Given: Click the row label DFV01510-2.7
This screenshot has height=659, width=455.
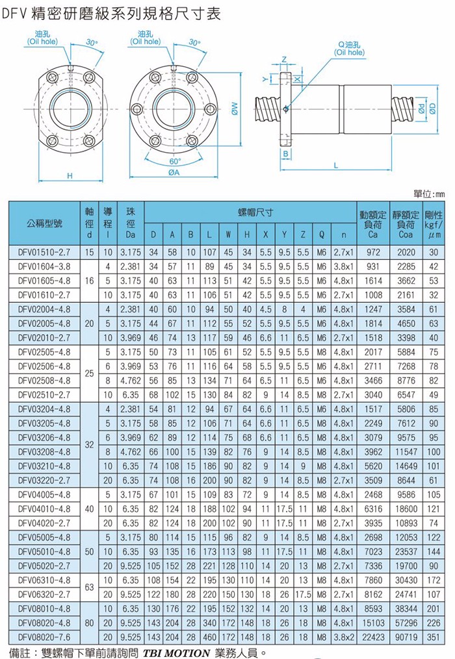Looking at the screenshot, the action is (x=44, y=252).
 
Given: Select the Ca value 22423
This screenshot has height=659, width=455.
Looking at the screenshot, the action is (x=373, y=637).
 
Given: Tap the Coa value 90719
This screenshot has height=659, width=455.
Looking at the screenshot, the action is (x=406, y=637).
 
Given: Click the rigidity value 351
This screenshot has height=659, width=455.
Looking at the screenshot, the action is (x=434, y=637).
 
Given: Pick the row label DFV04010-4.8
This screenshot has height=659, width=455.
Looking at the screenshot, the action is (x=44, y=509).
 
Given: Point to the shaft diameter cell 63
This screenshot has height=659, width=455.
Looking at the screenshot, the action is (x=89, y=587).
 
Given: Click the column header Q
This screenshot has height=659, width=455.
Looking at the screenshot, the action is (x=322, y=235).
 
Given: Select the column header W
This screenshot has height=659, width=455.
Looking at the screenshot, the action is (x=228, y=235).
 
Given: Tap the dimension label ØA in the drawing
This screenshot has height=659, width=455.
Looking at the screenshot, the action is (x=174, y=172).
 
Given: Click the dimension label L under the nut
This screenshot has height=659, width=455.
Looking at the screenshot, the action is (x=335, y=166).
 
